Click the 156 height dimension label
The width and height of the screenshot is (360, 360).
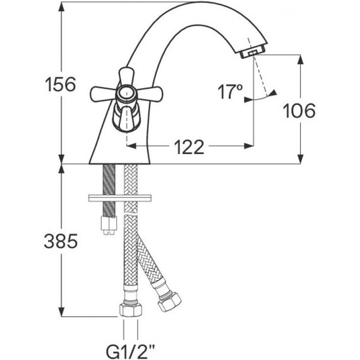[60, 85]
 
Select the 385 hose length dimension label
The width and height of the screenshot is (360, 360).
[60, 241]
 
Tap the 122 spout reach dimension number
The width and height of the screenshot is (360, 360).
[189, 147]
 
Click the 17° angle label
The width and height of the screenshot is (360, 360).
[231, 93]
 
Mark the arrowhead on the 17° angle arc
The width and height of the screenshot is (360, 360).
[273, 93]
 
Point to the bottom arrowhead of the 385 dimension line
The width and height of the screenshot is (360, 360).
[61, 313]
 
